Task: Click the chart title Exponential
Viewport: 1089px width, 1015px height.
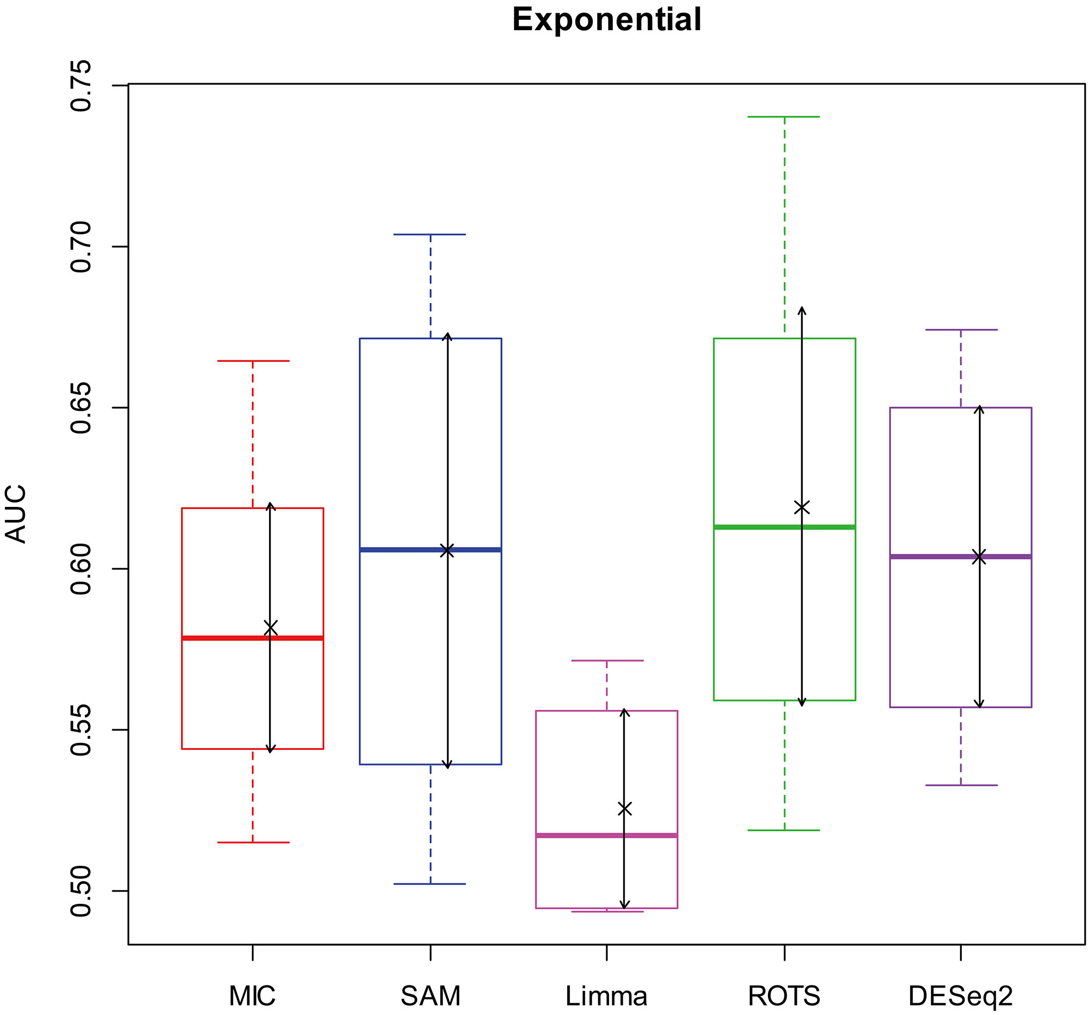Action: pyautogui.click(x=606, y=20)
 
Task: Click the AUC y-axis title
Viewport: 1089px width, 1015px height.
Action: pyautogui.click(x=16, y=514)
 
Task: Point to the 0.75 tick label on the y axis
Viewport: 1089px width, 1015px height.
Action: pyautogui.click(x=81, y=85)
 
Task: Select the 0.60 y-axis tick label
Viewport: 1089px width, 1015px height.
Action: pyautogui.click(x=81, y=569)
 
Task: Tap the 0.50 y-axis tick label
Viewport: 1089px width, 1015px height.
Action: pyautogui.click(x=81, y=890)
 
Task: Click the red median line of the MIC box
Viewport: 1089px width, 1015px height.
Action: pyautogui.click(x=252, y=638)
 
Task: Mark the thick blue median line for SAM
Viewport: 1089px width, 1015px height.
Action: pyautogui.click(x=431, y=549)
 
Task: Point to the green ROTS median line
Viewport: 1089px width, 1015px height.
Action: pyautogui.click(x=785, y=527)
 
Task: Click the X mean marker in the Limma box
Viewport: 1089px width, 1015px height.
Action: pyautogui.click(x=625, y=808)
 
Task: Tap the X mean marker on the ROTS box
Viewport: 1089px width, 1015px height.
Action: pyautogui.click(x=801, y=507)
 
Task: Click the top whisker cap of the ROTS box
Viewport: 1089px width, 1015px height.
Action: pyautogui.click(x=785, y=117)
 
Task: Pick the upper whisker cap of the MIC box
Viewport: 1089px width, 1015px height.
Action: pyautogui.click(x=252, y=361)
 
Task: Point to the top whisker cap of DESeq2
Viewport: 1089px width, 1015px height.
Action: pyautogui.click(x=961, y=330)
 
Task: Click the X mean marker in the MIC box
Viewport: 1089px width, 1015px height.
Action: pyautogui.click(x=270, y=628)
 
